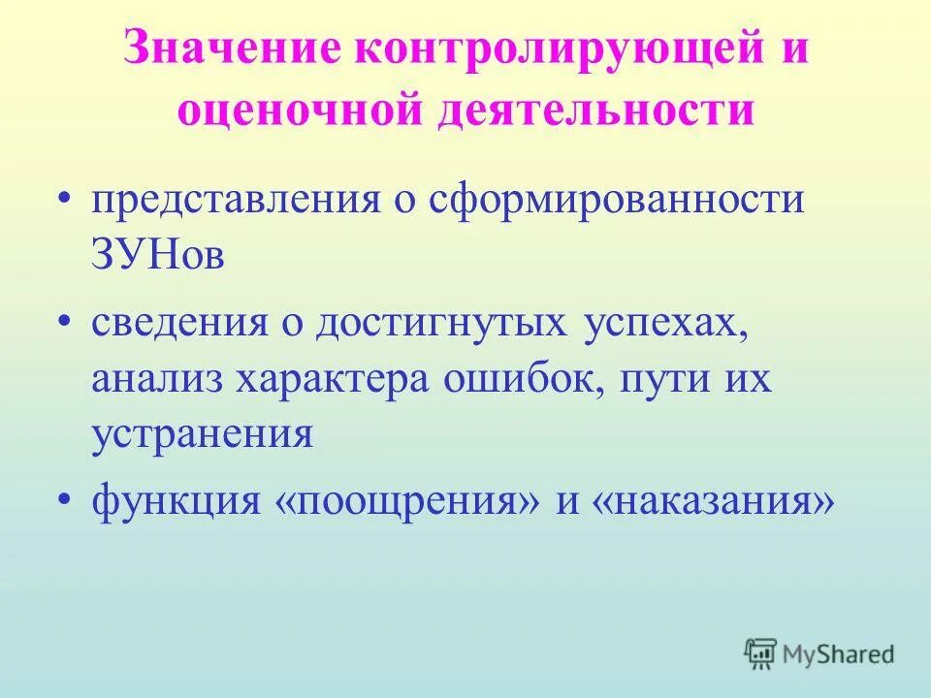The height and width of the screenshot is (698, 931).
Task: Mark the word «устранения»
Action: point(203,433)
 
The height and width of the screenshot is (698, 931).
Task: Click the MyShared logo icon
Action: point(761,654)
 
